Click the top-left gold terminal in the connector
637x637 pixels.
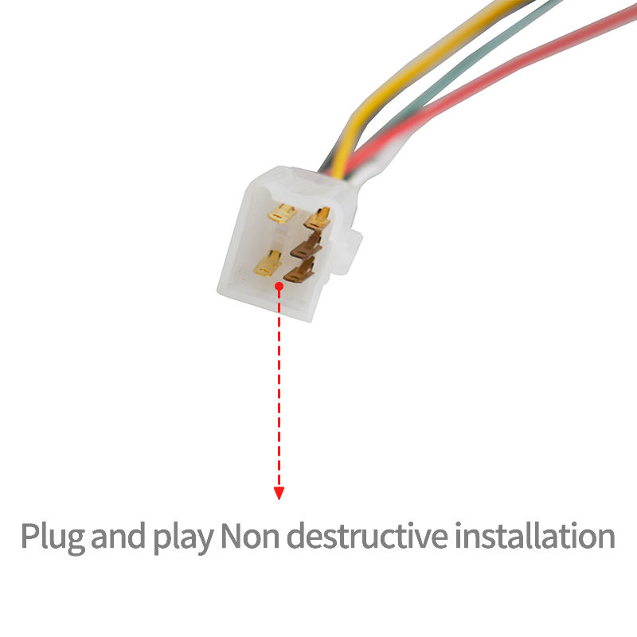click(x=282, y=213)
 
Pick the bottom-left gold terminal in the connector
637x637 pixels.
click(x=268, y=262)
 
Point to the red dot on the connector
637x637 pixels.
click(x=279, y=285)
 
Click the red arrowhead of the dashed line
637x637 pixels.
click(x=279, y=494)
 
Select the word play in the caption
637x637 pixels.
click(x=182, y=538)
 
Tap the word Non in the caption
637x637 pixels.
click(x=249, y=537)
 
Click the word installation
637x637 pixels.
click(x=534, y=537)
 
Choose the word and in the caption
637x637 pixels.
click(x=119, y=537)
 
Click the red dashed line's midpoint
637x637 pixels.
click(x=279, y=390)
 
